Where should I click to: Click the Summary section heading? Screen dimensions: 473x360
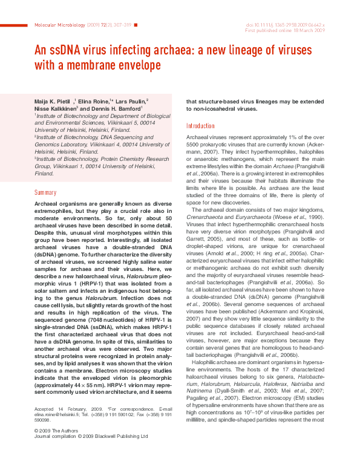45,192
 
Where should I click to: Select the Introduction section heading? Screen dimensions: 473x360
200,126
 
